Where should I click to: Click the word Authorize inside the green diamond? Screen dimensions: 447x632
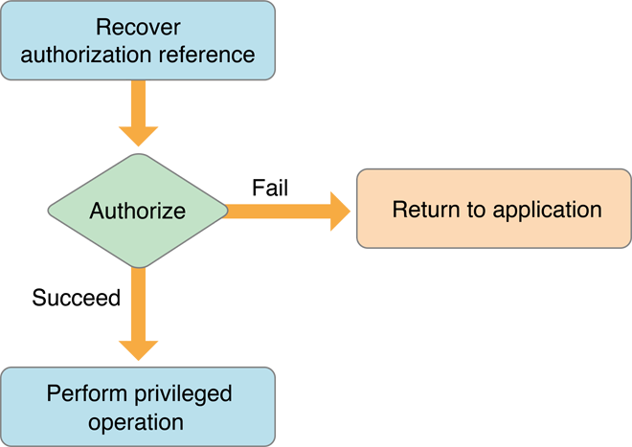(138, 210)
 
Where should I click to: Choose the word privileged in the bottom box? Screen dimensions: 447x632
(187, 392)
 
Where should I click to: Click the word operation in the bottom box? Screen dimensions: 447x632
(138, 421)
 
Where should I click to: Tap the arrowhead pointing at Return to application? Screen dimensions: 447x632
(340, 209)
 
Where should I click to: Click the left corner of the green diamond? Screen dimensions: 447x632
(51, 210)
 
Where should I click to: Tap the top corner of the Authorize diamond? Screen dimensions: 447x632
(138, 155)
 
